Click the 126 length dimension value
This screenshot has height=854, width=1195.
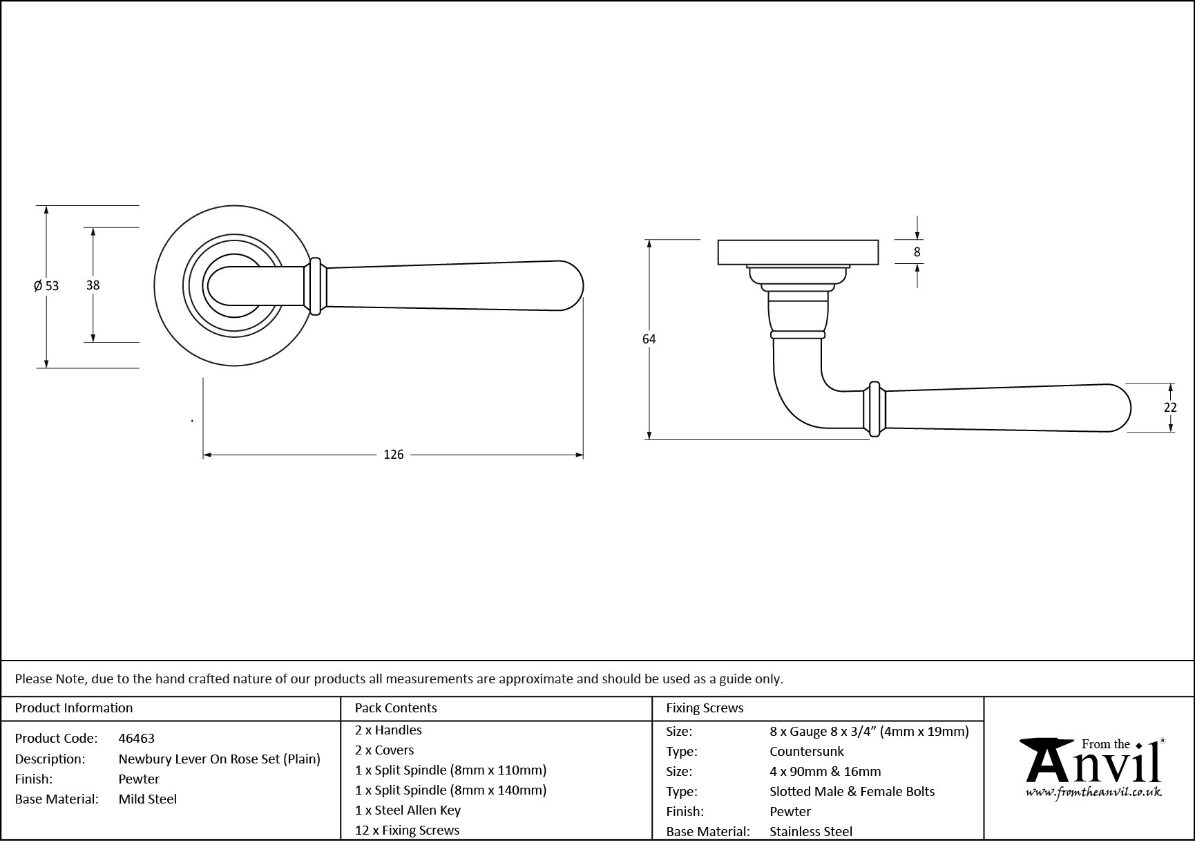pos(393,455)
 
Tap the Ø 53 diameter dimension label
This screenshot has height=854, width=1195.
pos(46,286)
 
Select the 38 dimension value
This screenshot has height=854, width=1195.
pos(93,285)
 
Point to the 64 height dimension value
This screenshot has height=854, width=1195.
pos(649,339)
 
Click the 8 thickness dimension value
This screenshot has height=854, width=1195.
pos(917,252)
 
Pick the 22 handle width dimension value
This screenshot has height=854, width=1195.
pos(1169,408)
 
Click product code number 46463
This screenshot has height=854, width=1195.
pos(136,739)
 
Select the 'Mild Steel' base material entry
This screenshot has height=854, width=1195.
pos(147,799)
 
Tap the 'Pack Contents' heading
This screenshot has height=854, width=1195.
pos(395,708)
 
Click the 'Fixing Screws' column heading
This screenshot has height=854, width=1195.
pos(704,708)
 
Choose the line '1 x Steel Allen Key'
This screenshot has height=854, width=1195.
pos(408,810)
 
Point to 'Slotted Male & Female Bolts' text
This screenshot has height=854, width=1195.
pos(852,792)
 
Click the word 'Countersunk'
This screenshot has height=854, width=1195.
pos(806,752)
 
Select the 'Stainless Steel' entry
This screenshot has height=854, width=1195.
pos(810,832)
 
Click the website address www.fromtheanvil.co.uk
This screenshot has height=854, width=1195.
pos(1093,794)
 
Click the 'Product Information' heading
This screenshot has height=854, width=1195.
pos(73,708)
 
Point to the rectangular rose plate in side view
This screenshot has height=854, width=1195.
pos(798,252)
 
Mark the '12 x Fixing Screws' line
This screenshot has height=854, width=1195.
pos(407,831)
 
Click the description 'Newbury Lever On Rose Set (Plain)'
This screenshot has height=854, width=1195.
pos(219,759)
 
